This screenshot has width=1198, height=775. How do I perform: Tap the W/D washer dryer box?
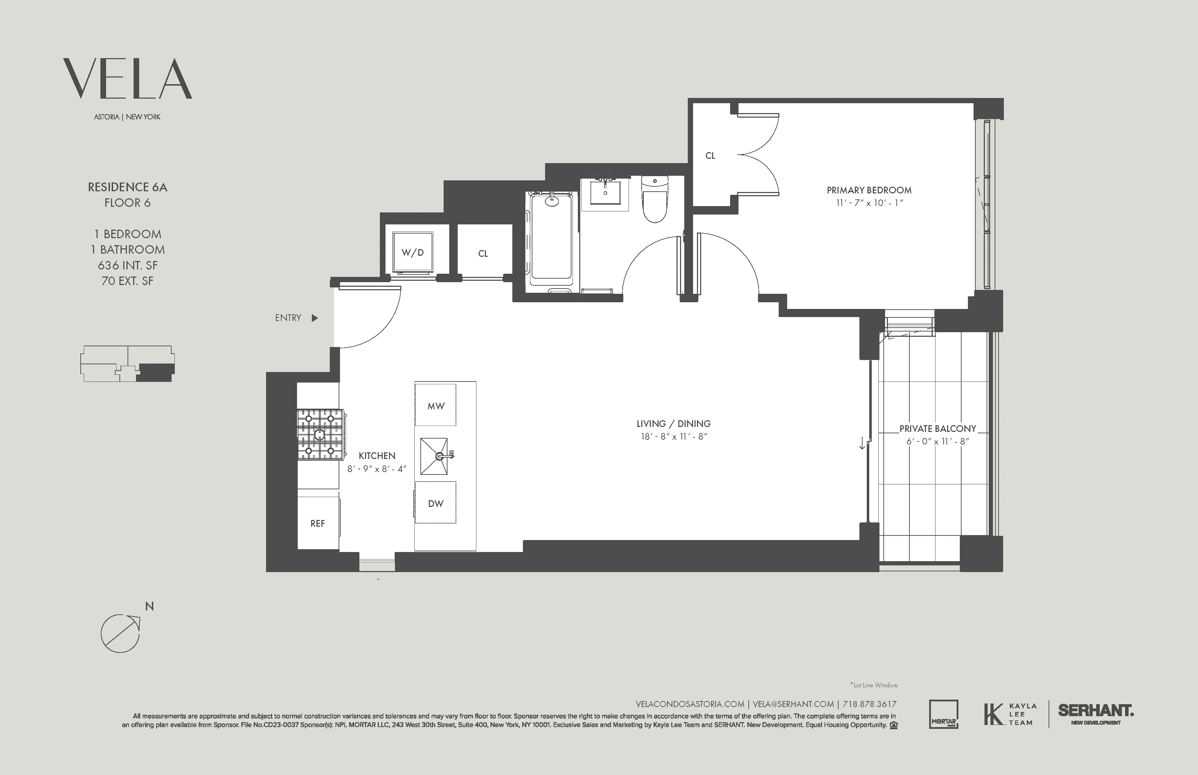(413, 253)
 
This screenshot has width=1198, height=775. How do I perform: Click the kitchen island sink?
(434, 456)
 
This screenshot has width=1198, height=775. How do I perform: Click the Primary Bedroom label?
(869, 190)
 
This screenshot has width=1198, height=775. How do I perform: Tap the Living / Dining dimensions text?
(673, 437)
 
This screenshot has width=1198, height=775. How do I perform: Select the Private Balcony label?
(937, 429)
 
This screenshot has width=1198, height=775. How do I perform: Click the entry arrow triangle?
(315, 318)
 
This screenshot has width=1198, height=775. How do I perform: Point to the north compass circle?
(120, 633)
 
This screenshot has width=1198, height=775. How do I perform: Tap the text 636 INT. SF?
(127, 265)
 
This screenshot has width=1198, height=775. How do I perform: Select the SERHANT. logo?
(1095, 711)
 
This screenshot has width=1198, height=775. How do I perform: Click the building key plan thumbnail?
(127, 363)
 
